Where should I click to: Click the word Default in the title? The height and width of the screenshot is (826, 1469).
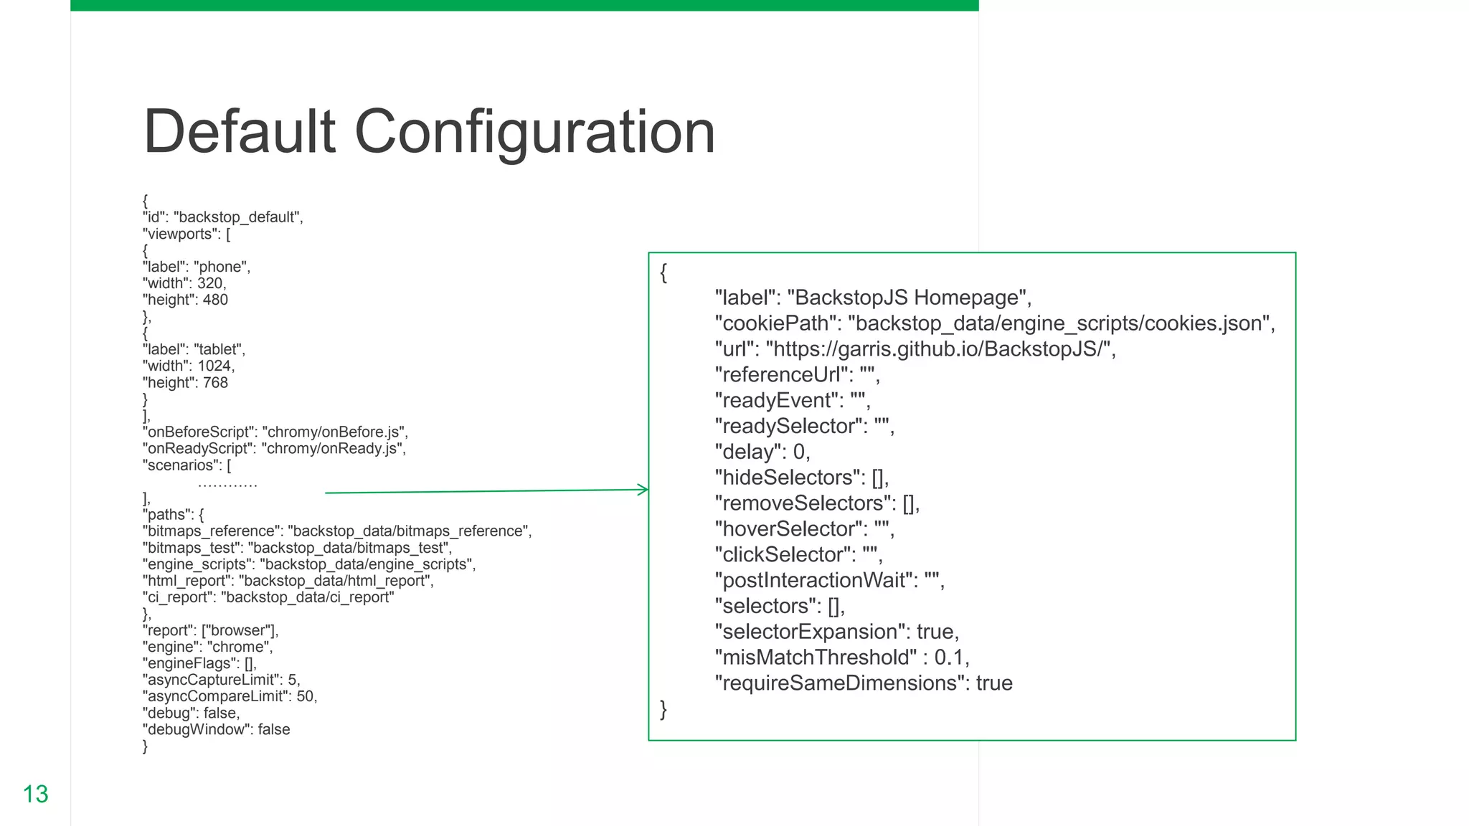[x=240, y=132]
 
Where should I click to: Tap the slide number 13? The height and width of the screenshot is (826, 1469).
[x=35, y=794]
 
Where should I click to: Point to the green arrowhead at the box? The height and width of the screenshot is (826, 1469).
[x=643, y=490]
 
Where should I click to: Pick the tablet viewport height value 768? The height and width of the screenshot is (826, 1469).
[x=215, y=383]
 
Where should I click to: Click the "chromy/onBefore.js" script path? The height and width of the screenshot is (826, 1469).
[x=334, y=432]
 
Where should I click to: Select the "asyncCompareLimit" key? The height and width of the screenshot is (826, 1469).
[x=217, y=696]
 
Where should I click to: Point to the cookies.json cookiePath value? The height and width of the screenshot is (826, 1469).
[x=1058, y=323]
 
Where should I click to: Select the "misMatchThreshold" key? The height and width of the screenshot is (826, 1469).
[x=816, y=658]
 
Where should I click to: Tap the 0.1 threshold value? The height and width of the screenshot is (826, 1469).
[x=949, y=658]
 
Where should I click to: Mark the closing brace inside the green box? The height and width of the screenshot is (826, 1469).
[x=663, y=709]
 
